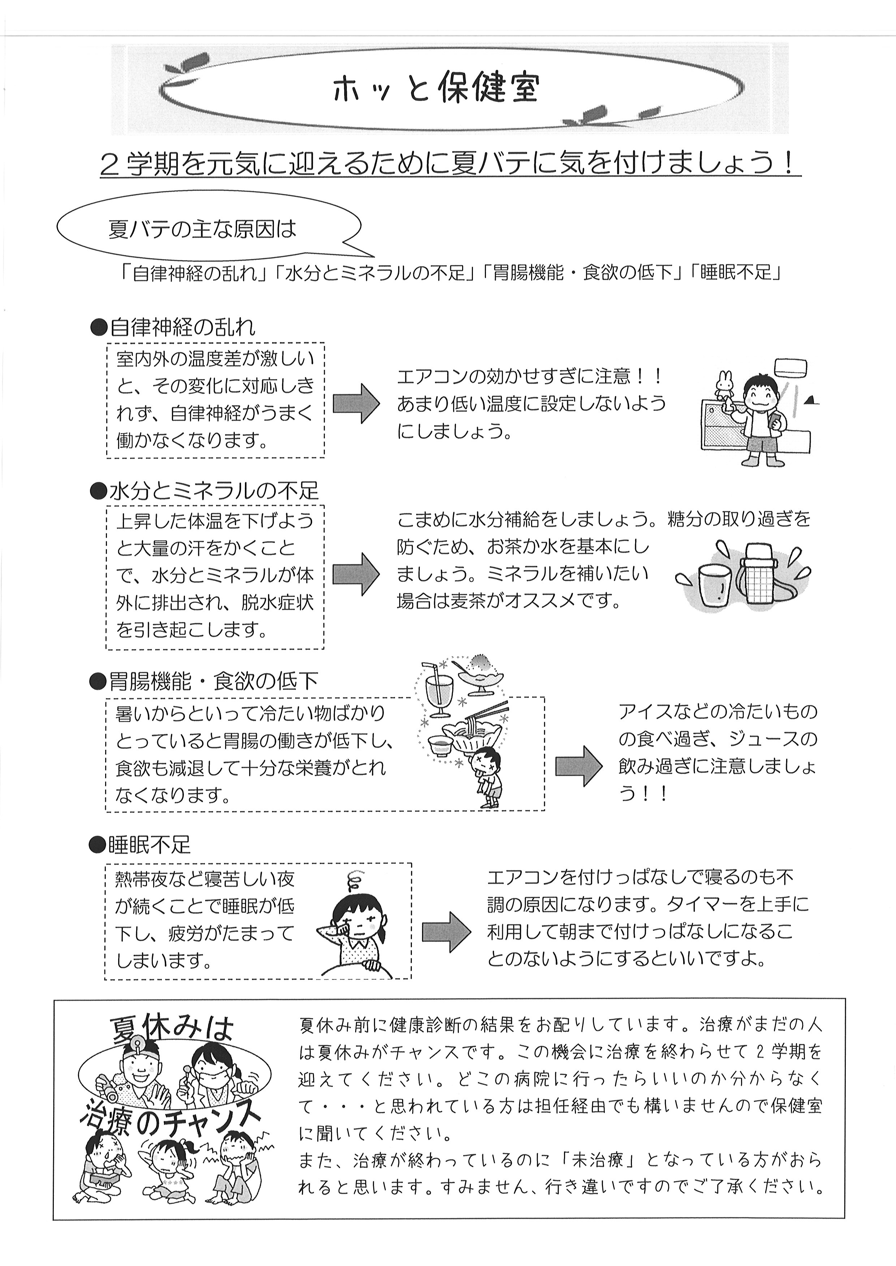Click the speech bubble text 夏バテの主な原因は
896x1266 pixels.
point(202,229)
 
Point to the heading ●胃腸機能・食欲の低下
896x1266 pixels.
point(203,682)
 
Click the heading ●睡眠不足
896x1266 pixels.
point(139,845)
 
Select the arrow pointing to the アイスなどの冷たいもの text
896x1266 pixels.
point(579,766)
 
